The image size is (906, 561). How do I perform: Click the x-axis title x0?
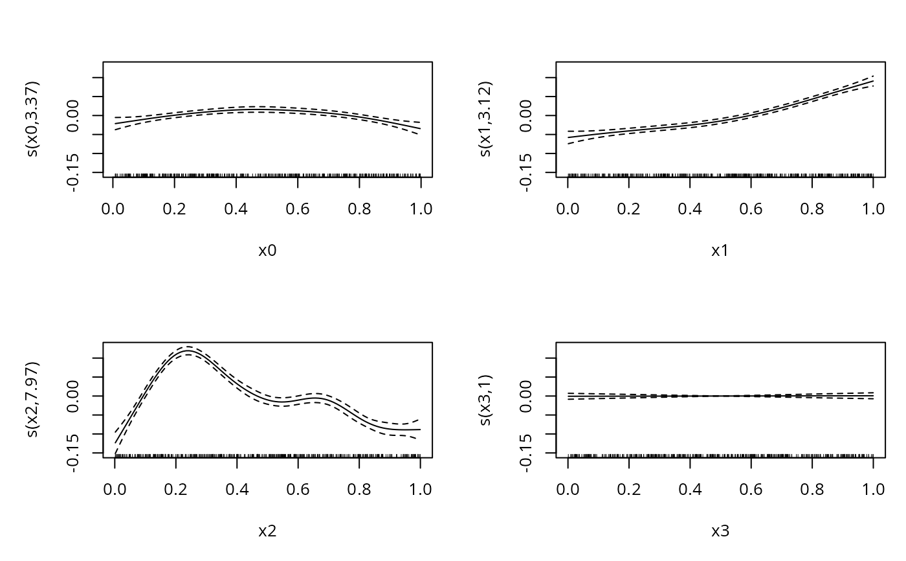pos(267,251)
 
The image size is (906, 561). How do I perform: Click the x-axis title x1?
pos(720,251)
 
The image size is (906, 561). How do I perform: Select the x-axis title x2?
pos(267,531)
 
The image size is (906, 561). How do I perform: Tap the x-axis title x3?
pos(720,531)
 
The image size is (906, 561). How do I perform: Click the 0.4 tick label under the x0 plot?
pos(236,209)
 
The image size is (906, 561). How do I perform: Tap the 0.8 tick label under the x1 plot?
pos(812,209)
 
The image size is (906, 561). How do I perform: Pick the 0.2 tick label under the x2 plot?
pos(175,489)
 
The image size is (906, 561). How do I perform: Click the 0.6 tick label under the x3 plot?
pos(751,489)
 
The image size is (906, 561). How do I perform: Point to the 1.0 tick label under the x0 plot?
pos(421,209)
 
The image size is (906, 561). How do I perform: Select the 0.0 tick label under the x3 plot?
pos(568,489)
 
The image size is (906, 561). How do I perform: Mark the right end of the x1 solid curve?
pos(873,81)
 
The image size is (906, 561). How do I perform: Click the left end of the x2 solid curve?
pos(115,443)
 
